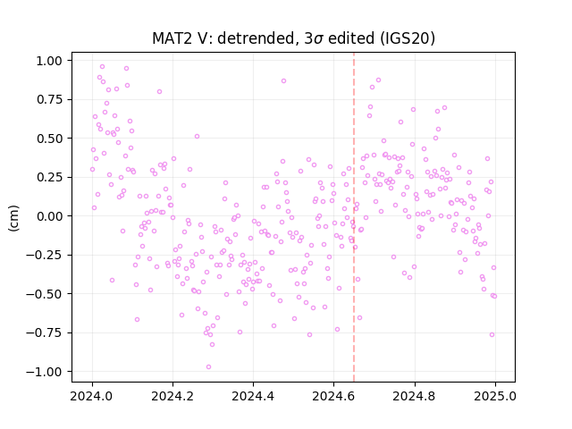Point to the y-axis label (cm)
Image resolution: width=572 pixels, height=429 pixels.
coord(13,218)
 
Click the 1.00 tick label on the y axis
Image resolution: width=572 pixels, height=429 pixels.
coord(49,61)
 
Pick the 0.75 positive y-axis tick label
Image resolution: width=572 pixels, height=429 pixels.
coord(49,99)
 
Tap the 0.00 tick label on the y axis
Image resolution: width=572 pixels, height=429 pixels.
coord(49,216)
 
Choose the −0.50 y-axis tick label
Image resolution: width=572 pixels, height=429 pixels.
coord(44,294)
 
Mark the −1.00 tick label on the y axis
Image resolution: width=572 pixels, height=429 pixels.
coord(44,372)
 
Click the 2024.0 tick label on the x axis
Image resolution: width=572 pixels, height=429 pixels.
coord(92,396)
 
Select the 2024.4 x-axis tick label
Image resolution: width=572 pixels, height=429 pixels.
coord(253,396)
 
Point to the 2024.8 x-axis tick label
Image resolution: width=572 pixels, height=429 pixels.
coord(415,396)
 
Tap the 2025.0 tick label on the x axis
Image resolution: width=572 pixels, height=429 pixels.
coord(495,396)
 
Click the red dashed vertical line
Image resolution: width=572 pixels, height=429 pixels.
coord(354,217)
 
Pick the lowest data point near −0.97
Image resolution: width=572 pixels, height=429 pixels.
coord(208,367)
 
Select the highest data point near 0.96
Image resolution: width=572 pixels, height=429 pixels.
coord(103,67)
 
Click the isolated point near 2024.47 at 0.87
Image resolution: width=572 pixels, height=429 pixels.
coord(284,81)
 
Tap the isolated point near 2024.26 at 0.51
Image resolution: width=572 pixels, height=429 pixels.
coord(197,137)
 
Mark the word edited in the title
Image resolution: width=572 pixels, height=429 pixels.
coord(351,38)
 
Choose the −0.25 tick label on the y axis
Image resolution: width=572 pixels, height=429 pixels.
coord(44,255)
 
